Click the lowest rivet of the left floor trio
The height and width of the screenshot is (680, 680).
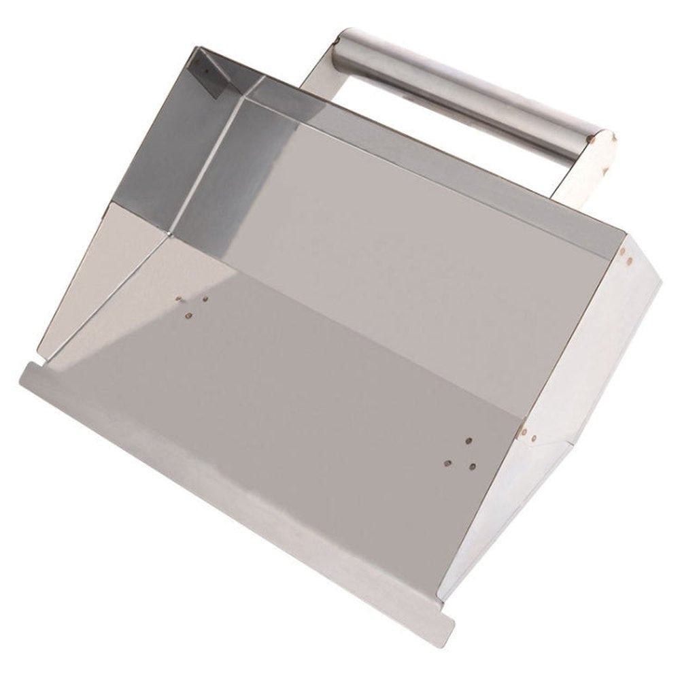[189, 315]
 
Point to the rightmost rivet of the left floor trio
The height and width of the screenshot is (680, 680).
[205, 298]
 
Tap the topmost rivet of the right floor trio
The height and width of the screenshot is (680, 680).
[469, 441]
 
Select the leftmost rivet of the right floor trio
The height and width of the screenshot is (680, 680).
[447, 462]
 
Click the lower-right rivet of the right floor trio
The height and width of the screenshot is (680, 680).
[471, 466]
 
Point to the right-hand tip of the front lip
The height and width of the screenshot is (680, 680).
[445, 632]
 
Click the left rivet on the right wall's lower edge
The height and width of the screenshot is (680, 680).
[523, 430]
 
